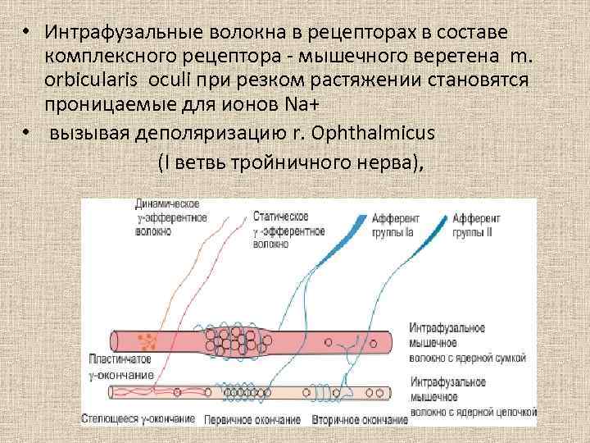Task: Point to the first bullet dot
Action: pos(26,31)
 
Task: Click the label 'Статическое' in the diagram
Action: pos(281,216)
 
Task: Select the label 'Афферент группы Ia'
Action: pos(396,225)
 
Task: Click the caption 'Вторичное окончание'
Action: pos(358,420)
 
